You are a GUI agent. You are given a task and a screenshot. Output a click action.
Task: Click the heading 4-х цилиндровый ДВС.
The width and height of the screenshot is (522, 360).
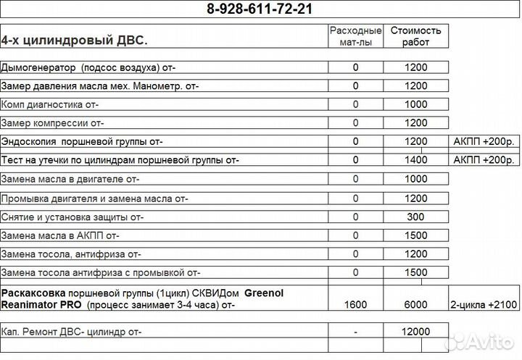[75, 41]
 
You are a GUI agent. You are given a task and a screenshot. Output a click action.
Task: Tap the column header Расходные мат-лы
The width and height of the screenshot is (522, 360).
[355, 36]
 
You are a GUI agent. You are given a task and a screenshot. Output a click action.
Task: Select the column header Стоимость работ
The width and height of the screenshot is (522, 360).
[415, 36]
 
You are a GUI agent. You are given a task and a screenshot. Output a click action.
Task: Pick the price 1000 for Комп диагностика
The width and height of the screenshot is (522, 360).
[415, 104]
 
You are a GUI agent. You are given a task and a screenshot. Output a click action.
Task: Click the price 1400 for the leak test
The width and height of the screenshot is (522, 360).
[415, 159]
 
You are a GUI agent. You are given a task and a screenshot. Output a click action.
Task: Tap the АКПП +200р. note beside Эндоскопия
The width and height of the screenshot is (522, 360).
[482, 141]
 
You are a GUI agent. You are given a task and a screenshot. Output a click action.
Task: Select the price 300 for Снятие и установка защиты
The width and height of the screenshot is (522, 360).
[415, 216]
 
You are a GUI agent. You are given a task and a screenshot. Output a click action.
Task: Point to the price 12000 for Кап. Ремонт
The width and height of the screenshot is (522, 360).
[415, 331]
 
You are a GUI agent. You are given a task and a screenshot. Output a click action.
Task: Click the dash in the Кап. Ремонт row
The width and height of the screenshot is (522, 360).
[355, 331]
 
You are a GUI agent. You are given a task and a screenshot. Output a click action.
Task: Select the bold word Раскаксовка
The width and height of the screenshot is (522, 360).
[33, 293]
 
